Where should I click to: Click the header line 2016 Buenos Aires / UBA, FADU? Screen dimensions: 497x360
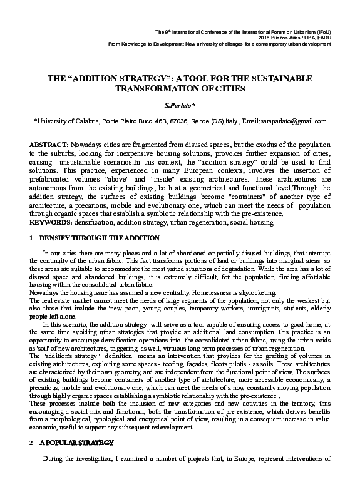[294, 38]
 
